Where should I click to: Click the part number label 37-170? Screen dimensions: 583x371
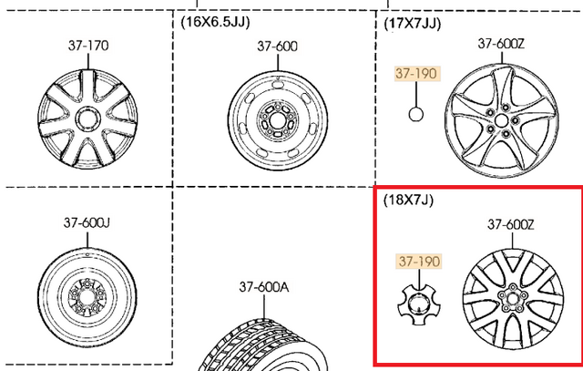tap(88, 46)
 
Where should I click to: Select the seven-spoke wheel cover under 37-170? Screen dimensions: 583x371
tap(87, 119)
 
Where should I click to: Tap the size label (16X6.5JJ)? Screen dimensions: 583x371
tap(215, 22)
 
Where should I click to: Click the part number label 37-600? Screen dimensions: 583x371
tap(277, 46)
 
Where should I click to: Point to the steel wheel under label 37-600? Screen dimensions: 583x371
tap(278, 121)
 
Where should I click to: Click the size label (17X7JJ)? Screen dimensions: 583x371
tap(413, 24)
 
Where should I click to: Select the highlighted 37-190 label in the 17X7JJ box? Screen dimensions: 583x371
tap(416, 74)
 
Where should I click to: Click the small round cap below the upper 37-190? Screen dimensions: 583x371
tap(415, 114)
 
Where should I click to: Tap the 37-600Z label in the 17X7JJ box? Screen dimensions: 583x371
tap(501, 44)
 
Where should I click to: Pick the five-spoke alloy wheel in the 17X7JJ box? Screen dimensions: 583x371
tap(501, 120)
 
